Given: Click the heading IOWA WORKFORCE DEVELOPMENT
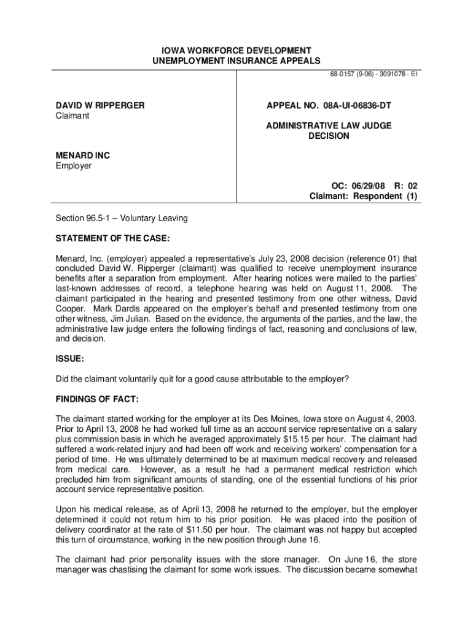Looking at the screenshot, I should (x=236, y=50).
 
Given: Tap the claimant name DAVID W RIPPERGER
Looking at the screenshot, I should (x=100, y=106).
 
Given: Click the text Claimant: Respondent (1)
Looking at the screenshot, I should (x=363, y=197).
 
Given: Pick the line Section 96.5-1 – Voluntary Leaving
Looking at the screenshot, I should (x=122, y=219).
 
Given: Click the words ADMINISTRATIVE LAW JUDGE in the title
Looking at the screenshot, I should (x=329, y=125).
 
